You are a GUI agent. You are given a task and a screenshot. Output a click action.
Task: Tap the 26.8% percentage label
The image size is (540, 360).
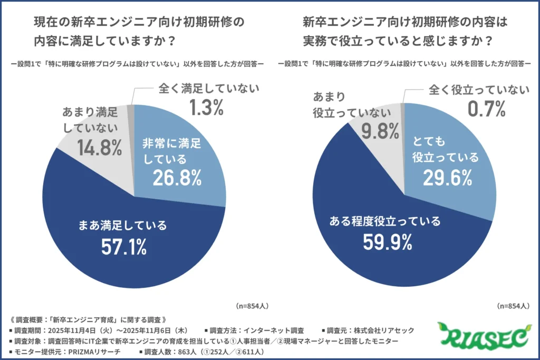pyautogui.click(x=177, y=178)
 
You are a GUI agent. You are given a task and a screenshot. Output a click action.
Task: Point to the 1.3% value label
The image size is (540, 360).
pyautogui.click(x=207, y=108)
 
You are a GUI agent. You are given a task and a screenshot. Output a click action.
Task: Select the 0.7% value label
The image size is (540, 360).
pyautogui.click(x=486, y=109)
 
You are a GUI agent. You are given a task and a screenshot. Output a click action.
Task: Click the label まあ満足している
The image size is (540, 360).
pyautogui.click(x=125, y=226)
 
